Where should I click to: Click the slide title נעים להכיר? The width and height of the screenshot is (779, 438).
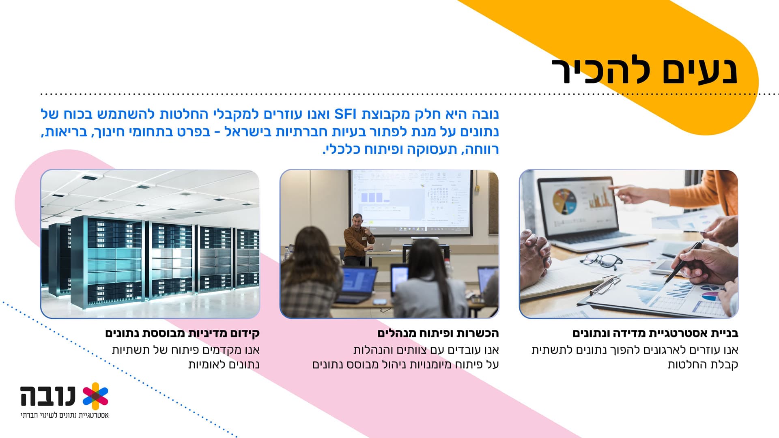[x=644, y=71]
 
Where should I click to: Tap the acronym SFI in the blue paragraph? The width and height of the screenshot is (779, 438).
[x=345, y=114]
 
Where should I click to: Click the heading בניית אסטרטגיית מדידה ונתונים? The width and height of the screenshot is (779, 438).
[x=655, y=333]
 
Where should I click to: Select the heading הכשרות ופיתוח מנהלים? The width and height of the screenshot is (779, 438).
[x=438, y=333]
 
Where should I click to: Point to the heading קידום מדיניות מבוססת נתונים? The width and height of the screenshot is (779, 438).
[x=183, y=333]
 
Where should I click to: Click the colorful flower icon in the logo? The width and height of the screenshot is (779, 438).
[x=95, y=396]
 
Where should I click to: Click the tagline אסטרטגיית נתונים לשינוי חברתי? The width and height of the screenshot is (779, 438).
[x=65, y=415]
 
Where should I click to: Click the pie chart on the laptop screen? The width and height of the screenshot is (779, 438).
[x=565, y=201]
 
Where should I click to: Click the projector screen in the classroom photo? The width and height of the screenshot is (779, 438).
[x=411, y=202]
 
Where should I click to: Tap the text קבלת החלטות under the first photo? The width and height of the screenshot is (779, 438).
[x=703, y=365]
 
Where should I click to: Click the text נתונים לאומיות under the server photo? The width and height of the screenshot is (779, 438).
[x=224, y=365]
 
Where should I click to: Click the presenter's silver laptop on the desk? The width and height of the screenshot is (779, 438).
[x=381, y=245]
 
